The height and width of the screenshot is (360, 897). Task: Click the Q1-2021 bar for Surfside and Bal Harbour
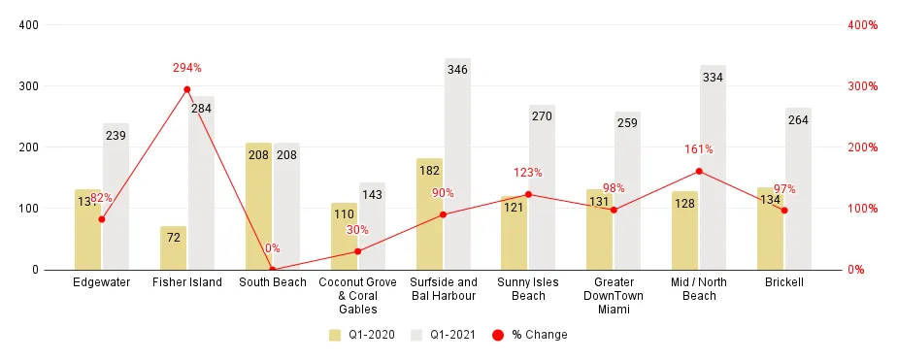pos(457,165)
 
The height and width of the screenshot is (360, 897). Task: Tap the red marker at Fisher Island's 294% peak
pos(187,89)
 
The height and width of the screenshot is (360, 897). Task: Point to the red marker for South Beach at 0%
pos(273,269)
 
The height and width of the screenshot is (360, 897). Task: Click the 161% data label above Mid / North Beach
pos(699,149)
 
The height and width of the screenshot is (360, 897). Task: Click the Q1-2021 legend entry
pos(444,335)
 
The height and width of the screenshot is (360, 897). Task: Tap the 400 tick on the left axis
pos(28,25)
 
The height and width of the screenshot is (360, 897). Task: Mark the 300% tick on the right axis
pos(862,86)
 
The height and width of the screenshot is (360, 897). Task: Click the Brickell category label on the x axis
pos(784,282)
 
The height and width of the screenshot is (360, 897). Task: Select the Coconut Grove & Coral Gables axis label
pos(357,296)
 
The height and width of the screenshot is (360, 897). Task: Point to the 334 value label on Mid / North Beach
pos(713,78)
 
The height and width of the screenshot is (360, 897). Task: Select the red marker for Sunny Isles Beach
pos(528,194)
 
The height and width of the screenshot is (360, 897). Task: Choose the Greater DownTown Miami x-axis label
pos(614,296)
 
